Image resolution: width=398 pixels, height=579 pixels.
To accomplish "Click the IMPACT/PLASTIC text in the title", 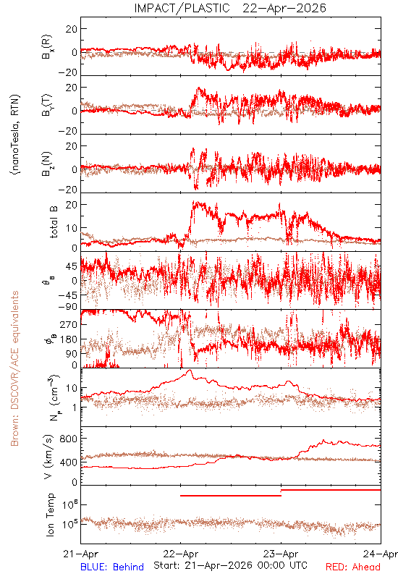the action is click(x=182, y=8).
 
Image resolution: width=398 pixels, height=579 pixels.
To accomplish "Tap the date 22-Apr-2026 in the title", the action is click(x=284, y=8).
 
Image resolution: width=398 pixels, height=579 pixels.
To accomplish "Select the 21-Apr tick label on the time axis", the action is click(x=81, y=554).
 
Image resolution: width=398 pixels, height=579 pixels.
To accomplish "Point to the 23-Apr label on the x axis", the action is click(x=281, y=554).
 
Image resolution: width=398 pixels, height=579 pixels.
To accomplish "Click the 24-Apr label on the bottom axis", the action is click(x=381, y=554).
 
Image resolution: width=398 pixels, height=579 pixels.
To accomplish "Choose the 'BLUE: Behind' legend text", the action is click(x=112, y=567).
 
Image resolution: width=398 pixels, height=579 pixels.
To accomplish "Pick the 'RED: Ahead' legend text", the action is click(x=352, y=567).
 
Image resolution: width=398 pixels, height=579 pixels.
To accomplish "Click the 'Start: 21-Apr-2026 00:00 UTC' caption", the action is click(x=230, y=565).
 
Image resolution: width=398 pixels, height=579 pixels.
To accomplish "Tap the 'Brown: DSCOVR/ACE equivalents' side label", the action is click(x=14, y=368).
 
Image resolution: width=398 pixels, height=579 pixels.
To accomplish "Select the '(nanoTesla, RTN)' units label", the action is click(x=15, y=135).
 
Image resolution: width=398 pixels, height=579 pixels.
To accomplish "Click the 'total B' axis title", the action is click(x=53, y=222).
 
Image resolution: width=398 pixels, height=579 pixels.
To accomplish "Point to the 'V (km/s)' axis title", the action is click(x=48, y=457).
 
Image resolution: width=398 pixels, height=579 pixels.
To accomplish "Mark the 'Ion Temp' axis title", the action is click(x=50, y=515).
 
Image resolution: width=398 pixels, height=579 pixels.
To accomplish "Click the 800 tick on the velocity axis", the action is click(x=69, y=439).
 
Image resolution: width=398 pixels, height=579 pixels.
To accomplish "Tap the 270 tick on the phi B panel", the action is click(x=69, y=324).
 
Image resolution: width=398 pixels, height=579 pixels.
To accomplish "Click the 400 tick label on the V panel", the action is click(x=69, y=462).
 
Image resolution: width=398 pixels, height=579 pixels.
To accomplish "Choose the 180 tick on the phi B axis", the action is click(x=69, y=339).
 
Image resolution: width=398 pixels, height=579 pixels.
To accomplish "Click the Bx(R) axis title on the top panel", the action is click(x=47, y=47).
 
